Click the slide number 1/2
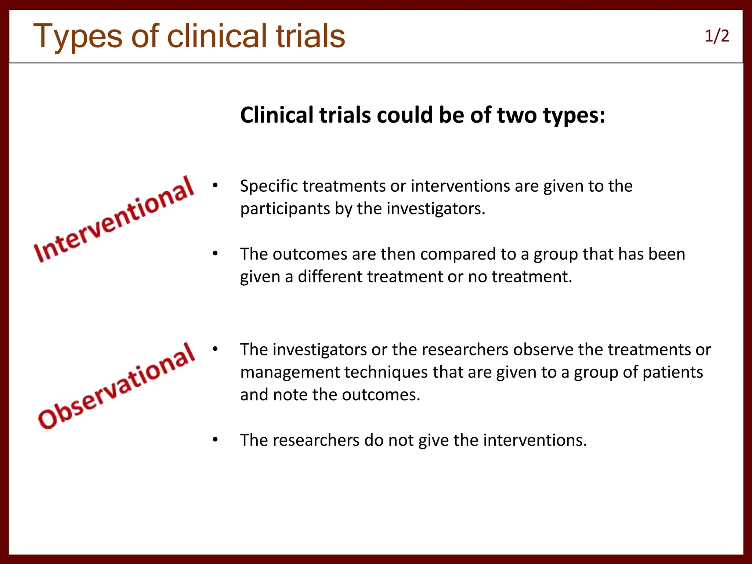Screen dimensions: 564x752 pyautogui.click(x=716, y=36)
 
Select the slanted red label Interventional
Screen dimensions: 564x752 pyautogui.click(x=113, y=219)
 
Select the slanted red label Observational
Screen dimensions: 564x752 pyautogui.click(x=116, y=386)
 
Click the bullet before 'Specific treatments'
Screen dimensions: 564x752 pyautogui.click(x=215, y=185)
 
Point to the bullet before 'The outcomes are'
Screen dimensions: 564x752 pyautogui.click(x=215, y=253)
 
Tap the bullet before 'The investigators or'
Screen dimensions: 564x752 pyautogui.click(x=215, y=349)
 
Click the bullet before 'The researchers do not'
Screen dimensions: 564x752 pyautogui.click(x=215, y=440)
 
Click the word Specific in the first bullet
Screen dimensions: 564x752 pyautogui.click(x=269, y=186)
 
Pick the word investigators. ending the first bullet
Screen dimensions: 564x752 pyautogui.click(x=436, y=209)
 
